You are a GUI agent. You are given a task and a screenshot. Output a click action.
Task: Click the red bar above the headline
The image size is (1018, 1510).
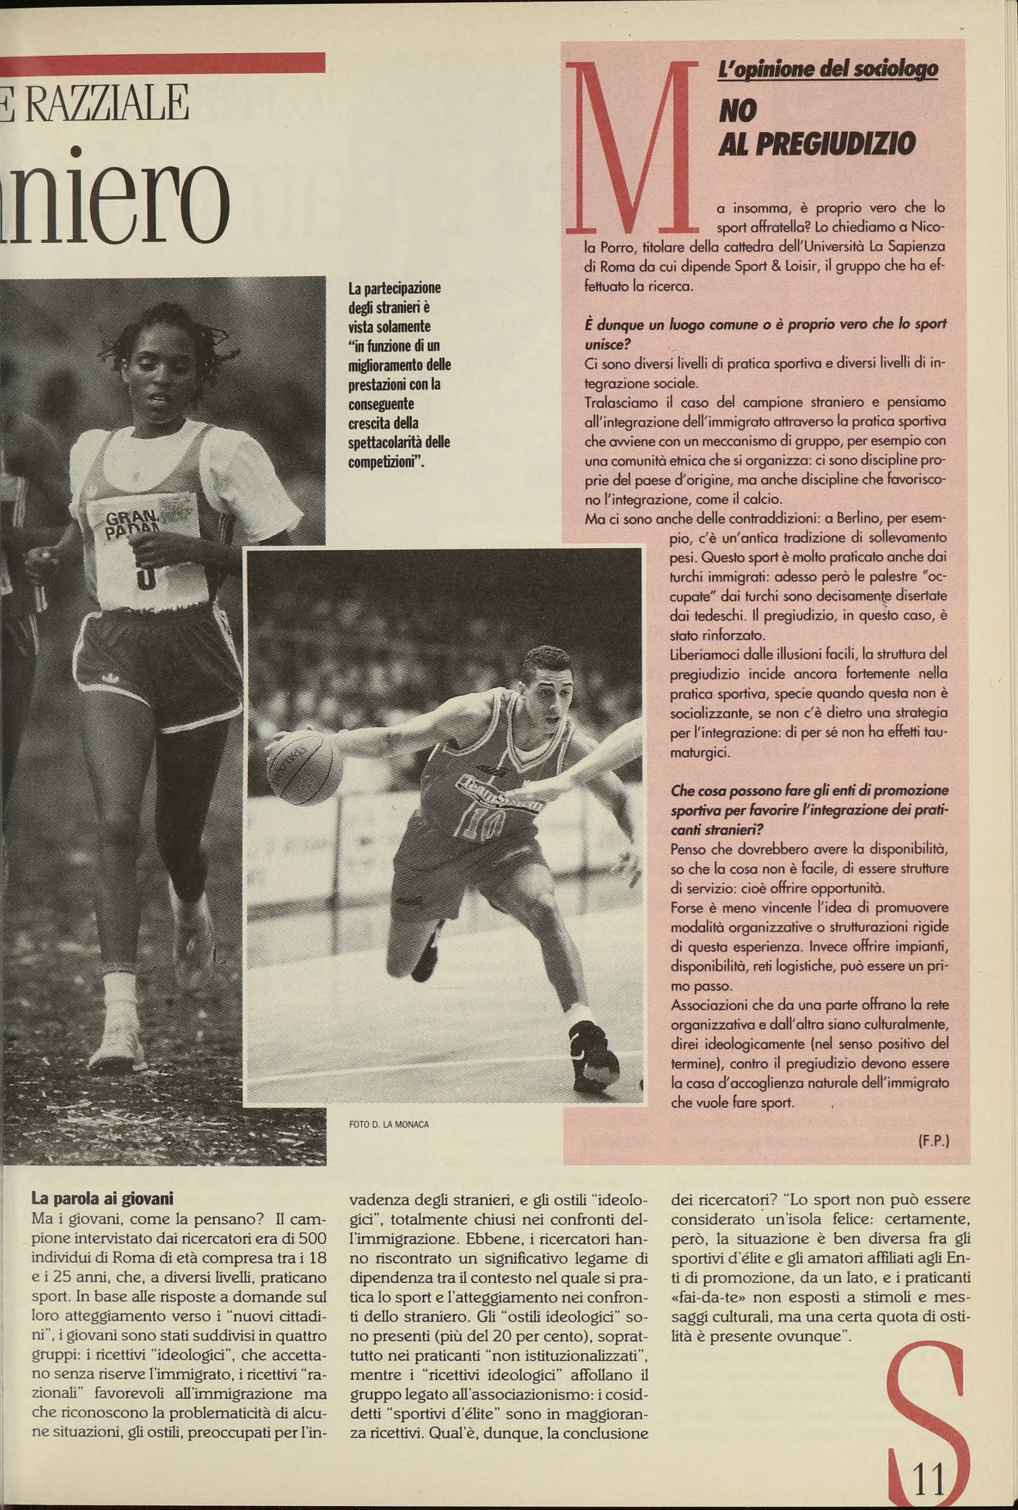(x=162, y=63)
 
